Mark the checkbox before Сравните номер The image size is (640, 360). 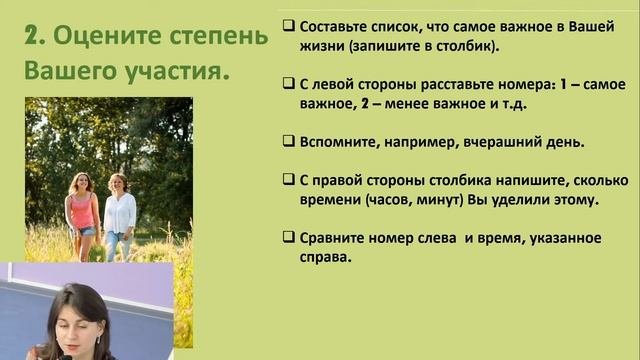pos(288,238)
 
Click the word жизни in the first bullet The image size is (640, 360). pos(323,47)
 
